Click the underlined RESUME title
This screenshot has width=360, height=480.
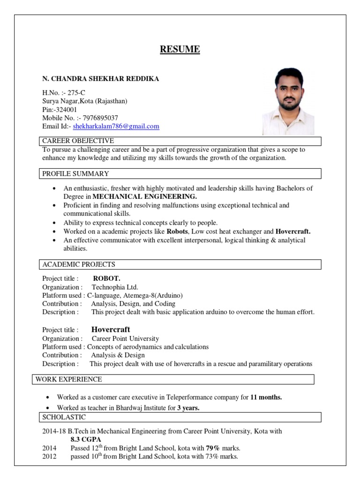[180, 49]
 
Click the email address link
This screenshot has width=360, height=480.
[116, 126]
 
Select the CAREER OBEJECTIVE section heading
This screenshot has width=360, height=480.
[78, 141]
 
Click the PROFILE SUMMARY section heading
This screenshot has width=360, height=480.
[76, 174]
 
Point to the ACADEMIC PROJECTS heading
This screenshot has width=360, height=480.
[79, 264]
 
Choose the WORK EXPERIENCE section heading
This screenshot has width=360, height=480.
[69, 379]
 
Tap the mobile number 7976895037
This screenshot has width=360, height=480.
[99, 118]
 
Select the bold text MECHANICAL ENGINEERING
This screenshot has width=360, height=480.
[145, 196]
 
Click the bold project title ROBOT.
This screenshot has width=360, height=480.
[107, 278]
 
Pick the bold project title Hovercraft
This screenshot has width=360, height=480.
[111, 330]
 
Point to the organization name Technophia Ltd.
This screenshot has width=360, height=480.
[115, 287]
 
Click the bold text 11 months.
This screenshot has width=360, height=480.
[266, 397]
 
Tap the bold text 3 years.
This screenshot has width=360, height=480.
[188, 408]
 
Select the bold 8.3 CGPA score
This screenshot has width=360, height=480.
[86, 439]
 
